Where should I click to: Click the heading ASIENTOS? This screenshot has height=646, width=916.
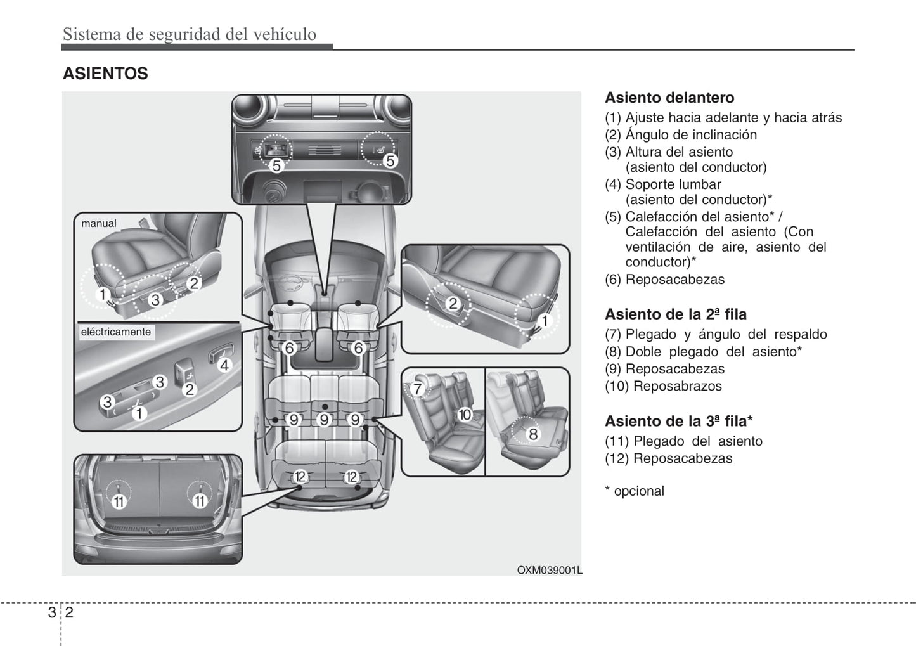(x=105, y=74)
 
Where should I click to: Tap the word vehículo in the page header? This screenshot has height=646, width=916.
(x=285, y=34)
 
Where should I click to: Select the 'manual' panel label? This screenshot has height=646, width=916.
(x=99, y=223)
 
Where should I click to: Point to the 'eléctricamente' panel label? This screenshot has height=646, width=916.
(x=115, y=332)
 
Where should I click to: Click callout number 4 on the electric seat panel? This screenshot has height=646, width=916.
(x=224, y=365)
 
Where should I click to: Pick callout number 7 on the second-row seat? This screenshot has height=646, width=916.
(x=417, y=389)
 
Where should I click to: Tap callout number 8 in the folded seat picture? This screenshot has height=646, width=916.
(x=533, y=434)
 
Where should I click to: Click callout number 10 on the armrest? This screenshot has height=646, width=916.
(x=465, y=415)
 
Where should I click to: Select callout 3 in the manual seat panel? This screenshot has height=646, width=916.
(x=155, y=300)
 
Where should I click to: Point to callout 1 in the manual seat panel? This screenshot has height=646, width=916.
(x=102, y=294)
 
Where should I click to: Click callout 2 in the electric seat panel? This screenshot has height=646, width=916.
(x=189, y=390)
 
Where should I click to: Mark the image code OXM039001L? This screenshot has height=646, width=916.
(x=549, y=570)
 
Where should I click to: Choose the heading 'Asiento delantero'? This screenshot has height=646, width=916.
(x=669, y=98)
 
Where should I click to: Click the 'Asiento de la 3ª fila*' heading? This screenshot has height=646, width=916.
(x=678, y=421)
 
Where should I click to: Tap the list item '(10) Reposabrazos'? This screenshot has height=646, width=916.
(x=663, y=386)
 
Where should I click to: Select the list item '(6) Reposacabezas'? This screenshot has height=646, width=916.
(x=664, y=280)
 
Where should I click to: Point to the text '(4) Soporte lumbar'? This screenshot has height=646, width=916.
(x=663, y=184)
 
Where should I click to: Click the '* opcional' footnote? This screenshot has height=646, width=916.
(x=635, y=491)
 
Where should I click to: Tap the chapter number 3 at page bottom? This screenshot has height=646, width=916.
(x=51, y=612)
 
